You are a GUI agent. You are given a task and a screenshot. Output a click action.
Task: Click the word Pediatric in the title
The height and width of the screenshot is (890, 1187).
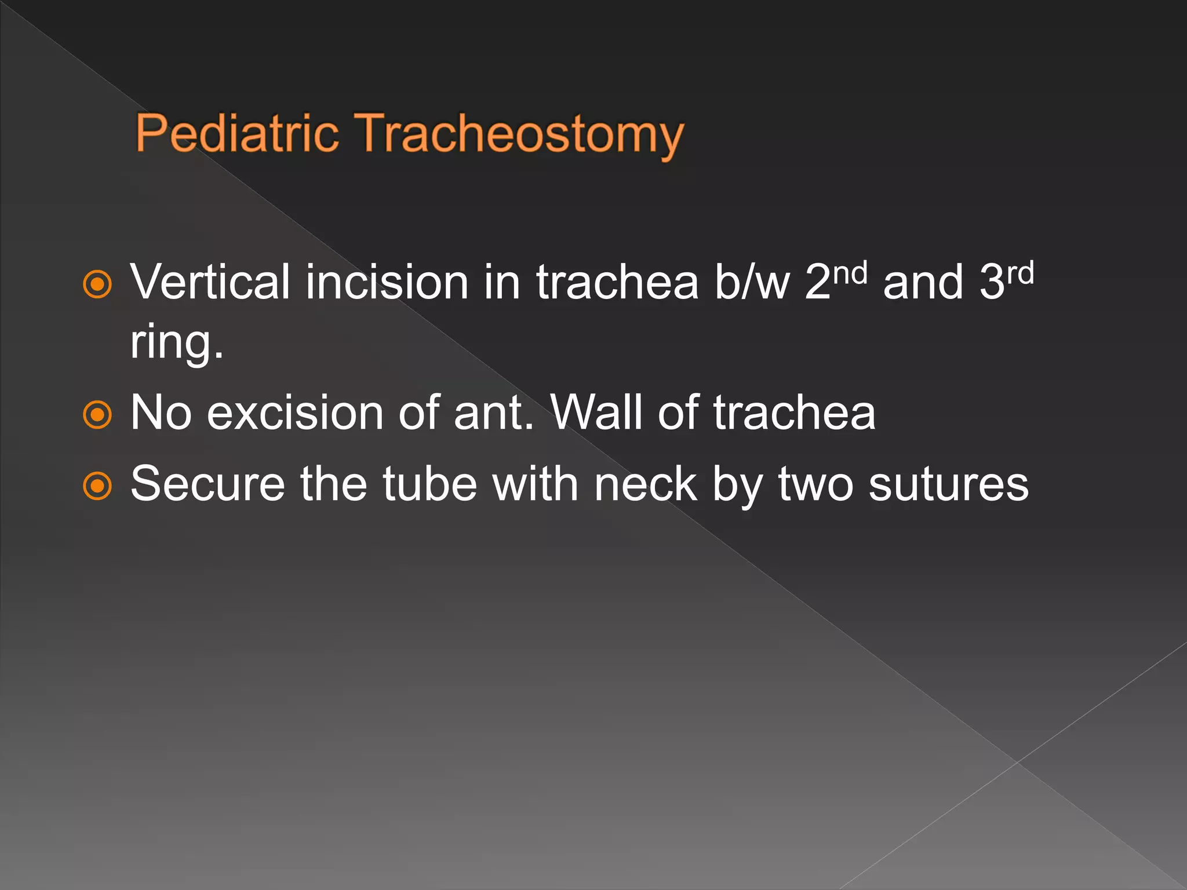237,133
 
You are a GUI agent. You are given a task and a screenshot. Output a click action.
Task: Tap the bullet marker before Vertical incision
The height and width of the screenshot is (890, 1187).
97,284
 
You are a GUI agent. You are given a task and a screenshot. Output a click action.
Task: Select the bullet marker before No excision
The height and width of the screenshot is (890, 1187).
97,415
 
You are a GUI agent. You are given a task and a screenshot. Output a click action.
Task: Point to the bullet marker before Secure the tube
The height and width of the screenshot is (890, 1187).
97,486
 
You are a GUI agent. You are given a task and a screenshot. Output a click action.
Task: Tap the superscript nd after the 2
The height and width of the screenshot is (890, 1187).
850,272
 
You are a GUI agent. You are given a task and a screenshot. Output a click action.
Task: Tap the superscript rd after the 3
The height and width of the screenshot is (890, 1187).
1021,272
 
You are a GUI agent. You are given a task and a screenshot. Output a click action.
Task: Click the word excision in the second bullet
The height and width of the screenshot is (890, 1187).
295,413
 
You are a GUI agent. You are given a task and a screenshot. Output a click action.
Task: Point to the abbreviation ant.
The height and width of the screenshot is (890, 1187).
493,413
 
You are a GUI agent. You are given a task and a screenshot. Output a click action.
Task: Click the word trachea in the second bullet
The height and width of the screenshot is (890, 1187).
794,413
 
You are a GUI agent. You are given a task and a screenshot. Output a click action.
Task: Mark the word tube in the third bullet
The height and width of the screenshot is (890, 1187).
429,484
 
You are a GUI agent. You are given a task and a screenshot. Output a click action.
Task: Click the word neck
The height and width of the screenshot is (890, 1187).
646,484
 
